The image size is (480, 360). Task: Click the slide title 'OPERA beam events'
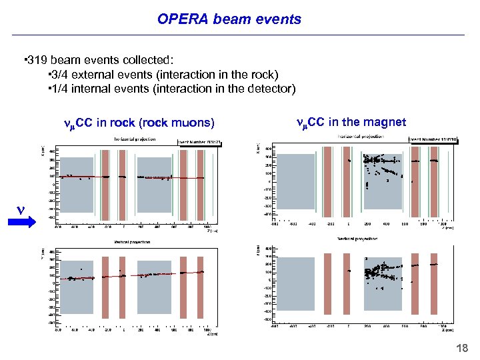point(229,19)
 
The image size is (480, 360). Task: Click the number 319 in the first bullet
point(37,61)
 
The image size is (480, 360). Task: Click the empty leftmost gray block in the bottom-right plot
point(293,283)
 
